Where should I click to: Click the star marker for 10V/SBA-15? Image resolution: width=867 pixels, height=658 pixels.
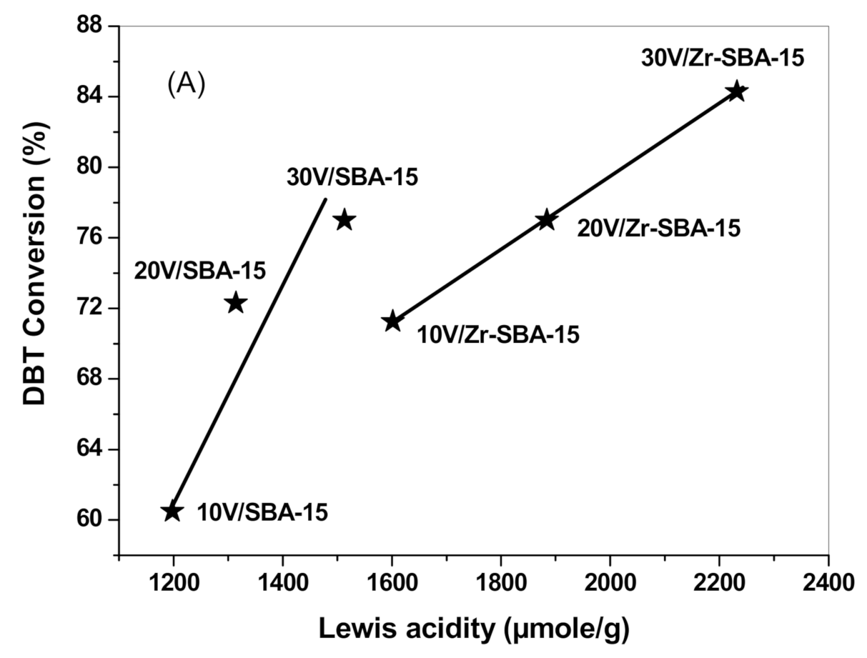pos(172,512)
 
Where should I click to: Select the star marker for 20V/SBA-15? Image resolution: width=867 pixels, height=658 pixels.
pos(235,303)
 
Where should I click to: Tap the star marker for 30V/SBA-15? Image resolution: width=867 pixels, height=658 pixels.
pos(344,220)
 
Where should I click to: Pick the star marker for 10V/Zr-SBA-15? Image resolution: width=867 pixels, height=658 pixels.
pos(392,321)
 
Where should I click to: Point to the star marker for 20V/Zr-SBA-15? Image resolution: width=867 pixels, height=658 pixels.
pos(546,220)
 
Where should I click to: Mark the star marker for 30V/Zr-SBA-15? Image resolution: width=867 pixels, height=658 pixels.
pos(737,91)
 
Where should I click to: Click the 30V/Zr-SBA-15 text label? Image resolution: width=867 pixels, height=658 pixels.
pos(722,58)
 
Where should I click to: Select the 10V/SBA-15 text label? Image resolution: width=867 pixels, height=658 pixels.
pos(262,513)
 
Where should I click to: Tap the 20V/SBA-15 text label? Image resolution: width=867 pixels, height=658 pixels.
pos(200,271)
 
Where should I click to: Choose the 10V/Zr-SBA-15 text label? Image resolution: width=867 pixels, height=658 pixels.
pos(498,335)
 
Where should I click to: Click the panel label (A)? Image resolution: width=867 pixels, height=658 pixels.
pos(186,84)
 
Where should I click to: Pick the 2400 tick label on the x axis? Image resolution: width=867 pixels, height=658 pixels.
pos(828,582)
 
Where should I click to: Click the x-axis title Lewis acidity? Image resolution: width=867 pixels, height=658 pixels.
pos(473,629)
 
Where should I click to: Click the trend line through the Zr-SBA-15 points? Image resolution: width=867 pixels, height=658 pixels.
pos(469,271)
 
